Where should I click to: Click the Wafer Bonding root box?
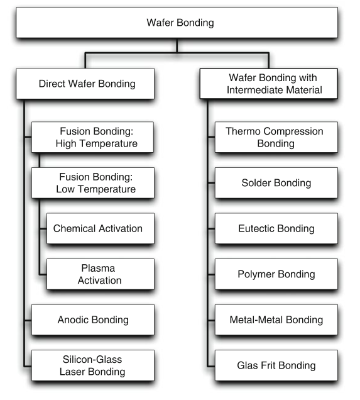[177, 23]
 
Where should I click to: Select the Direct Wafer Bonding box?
[85, 84]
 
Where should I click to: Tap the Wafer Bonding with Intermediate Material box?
[269, 84]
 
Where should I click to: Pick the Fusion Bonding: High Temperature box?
[92, 137]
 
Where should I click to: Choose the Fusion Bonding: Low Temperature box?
[93, 183]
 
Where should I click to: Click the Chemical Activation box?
[101, 228]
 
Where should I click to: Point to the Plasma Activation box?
[101, 274]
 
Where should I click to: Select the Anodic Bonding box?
[93, 319]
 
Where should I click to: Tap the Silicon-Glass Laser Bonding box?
[93, 365]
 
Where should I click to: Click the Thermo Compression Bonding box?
[276, 137]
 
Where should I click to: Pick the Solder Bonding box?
[276, 183]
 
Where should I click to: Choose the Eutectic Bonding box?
[276, 228]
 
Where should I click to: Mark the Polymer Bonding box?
[276, 274]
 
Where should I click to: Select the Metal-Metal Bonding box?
[276, 319]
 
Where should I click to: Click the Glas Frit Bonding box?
[276, 365]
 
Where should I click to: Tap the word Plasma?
[98, 268]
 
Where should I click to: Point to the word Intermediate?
[255, 90]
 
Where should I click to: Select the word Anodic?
[73, 319]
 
